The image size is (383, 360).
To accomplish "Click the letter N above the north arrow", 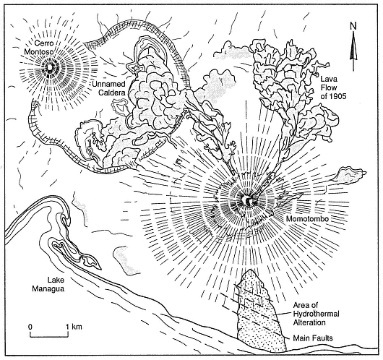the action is point(353,25).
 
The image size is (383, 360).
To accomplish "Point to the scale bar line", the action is point(49,336).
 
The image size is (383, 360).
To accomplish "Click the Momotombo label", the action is point(307,219).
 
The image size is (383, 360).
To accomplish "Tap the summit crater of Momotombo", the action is point(247,200).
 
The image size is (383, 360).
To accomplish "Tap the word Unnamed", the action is point(108,84).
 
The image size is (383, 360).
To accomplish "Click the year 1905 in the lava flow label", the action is point(337,96).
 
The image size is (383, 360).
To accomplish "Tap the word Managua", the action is point(48,288).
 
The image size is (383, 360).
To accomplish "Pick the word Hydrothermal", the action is point(316,314).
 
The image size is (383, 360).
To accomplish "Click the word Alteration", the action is point(309,322).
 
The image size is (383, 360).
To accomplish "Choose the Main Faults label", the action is point(313,338).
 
